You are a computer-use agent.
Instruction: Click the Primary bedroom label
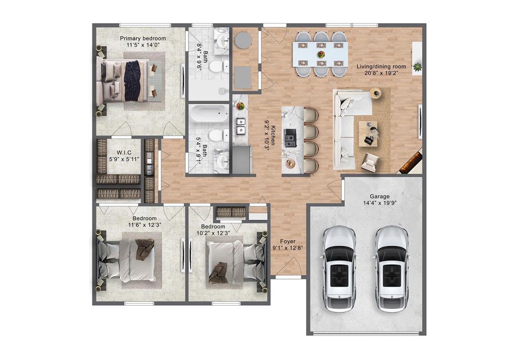click(143, 38)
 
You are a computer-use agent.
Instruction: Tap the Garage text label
click(379, 197)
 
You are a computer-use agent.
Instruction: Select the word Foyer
click(288, 242)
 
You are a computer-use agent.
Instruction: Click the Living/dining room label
click(381, 66)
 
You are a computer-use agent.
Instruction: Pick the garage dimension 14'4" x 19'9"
click(379, 204)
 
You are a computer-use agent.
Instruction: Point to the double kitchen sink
click(240, 126)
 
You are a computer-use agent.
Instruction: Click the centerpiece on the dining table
click(321, 54)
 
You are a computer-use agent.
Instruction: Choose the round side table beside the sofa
click(376, 93)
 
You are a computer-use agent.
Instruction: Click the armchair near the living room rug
click(370, 162)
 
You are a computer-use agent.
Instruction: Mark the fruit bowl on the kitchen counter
click(240, 106)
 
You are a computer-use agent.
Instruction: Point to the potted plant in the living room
click(417, 66)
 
